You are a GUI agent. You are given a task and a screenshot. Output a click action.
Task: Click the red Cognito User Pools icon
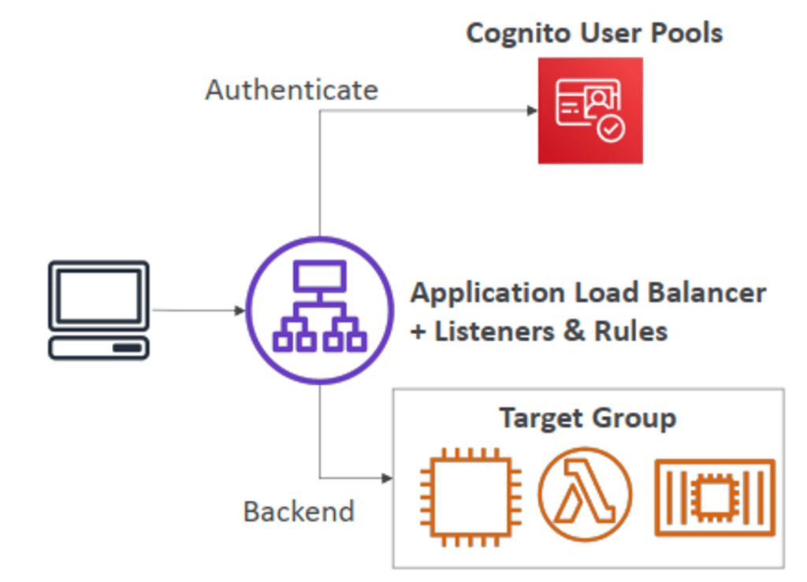(x=590, y=110)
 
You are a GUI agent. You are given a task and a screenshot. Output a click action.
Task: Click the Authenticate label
(x=292, y=90)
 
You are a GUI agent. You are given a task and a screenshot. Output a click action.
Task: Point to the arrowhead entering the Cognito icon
(x=532, y=110)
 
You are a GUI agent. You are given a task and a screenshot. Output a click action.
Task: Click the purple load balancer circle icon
(x=320, y=310)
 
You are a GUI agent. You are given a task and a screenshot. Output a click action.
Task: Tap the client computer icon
(x=99, y=310)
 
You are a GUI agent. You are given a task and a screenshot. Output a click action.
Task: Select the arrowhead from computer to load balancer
(x=240, y=310)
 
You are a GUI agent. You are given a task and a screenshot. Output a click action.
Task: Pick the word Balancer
(x=707, y=292)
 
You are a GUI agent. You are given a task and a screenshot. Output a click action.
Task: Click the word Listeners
(x=495, y=331)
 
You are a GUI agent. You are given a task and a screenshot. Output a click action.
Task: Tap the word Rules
(x=630, y=331)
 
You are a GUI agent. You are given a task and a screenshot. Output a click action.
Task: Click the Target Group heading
(x=588, y=418)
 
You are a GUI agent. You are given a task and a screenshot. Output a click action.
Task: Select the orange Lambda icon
(x=586, y=494)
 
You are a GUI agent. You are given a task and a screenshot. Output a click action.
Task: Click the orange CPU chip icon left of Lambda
(x=470, y=497)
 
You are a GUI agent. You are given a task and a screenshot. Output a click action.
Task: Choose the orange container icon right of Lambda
(x=715, y=497)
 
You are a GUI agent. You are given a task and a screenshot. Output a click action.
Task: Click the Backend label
(x=299, y=511)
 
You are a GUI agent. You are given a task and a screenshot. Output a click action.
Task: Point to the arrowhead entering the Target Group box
(x=387, y=478)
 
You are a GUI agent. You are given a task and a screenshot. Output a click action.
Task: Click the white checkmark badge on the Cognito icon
(x=611, y=128)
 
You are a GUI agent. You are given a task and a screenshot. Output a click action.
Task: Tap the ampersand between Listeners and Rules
(x=575, y=331)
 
